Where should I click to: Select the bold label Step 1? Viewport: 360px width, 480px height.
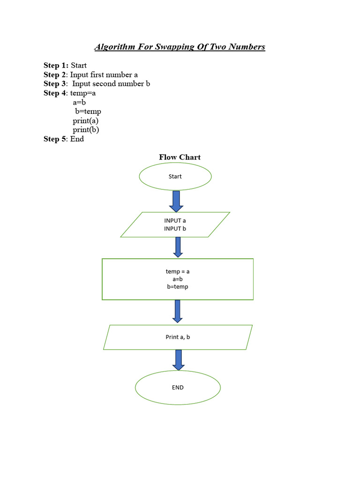coord(56,66)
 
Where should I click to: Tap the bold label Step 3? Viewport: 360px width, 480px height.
coord(55,84)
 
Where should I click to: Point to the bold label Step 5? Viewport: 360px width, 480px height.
coord(55,139)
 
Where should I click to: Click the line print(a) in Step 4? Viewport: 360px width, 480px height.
coord(85,120)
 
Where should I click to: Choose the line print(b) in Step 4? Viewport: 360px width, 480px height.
coord(86,130)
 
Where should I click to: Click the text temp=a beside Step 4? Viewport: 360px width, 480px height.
coord(83,93)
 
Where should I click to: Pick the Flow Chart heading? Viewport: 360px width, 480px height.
coord(180,157)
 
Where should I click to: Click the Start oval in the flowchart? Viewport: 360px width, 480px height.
coord(175,177)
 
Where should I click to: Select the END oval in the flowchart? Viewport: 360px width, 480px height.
coord(178,388)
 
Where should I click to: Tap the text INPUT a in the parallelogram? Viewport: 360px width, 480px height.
coord(175,220)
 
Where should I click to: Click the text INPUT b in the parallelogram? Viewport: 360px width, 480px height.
coord(175,229)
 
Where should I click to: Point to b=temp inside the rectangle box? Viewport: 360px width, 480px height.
coord(178,287)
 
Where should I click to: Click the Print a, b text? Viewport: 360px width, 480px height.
coord(178,337)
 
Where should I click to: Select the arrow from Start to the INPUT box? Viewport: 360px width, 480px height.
coord(176,201)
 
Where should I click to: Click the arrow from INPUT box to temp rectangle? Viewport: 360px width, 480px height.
coord(178,247)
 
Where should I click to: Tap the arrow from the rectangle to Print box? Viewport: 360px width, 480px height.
coord(177,311)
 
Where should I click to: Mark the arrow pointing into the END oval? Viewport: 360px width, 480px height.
coord(178,360)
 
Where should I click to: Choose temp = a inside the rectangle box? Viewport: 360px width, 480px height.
coord(178,271)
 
